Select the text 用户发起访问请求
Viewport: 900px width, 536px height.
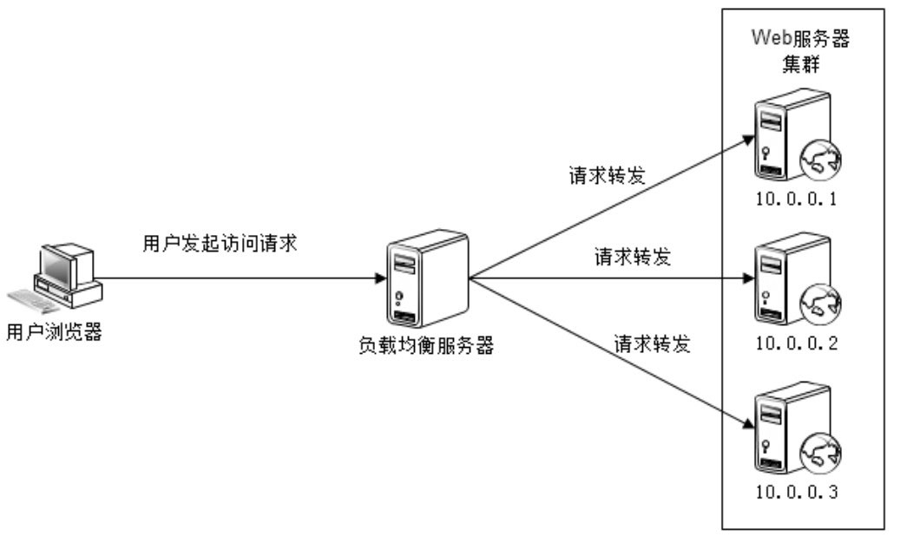pos(220,245)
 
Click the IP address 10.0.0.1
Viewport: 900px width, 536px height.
pos(796,200)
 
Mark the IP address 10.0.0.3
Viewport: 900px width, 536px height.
pos(796,494)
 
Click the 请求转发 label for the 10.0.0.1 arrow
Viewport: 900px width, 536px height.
pos(605,175)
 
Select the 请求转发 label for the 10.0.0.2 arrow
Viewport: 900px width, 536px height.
pos(633,257)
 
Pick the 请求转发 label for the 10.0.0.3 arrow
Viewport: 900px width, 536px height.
pos(652,344)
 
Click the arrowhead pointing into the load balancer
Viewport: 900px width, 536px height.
pos(381,279)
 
